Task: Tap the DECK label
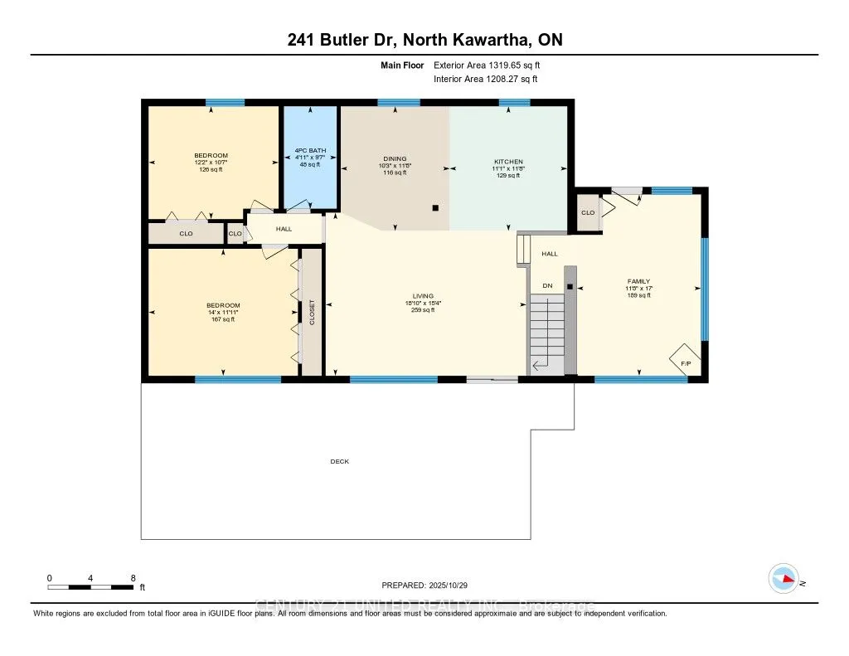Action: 339,461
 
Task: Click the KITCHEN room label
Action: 508,161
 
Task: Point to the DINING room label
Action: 394,158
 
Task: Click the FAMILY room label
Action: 638,281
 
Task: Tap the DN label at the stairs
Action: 547,285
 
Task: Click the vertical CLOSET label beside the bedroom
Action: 313,312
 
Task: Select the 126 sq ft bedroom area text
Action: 211,169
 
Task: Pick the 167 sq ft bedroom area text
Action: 223,319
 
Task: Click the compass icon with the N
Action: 784,579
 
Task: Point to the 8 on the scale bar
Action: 133,577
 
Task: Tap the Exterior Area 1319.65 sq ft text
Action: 486,65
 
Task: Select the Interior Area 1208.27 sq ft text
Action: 485,79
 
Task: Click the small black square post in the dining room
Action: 435,208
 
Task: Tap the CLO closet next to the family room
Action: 588,212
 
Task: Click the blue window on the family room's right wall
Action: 705,289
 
